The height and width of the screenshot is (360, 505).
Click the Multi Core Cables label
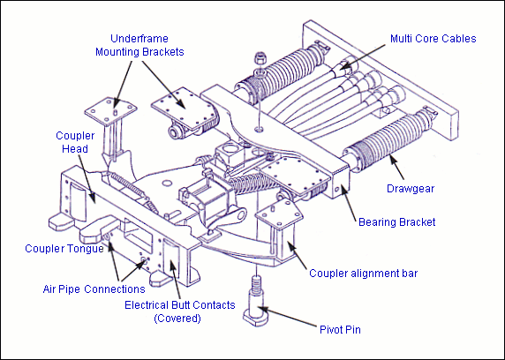433,39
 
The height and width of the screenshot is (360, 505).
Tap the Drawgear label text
411,188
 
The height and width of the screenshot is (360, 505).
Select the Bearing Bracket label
396,221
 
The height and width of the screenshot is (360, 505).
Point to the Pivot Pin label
340,330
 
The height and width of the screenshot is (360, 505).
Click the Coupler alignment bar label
363,274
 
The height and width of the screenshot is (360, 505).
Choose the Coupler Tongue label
64,249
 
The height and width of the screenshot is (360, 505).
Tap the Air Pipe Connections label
94,289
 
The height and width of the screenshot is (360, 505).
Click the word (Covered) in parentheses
177,319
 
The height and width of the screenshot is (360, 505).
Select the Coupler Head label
75,142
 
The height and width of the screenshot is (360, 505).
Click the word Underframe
139,39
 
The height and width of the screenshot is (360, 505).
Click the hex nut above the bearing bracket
260,58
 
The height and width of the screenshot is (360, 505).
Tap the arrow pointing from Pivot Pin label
287,317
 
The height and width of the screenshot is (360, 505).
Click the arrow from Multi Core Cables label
362,56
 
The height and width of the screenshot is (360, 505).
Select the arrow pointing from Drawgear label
396,167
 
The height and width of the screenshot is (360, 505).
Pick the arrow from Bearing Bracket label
349,203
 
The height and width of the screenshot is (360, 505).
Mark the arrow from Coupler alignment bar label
297,255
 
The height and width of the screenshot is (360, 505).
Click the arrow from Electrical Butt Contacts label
175,279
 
